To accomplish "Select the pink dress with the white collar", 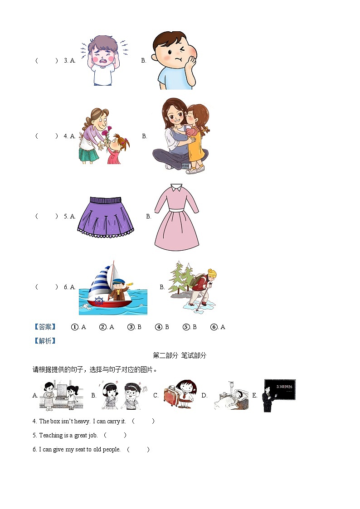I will pyautogui.click(x=176, y=218).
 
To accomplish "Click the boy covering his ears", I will pyautogui.click(x=103, y=60).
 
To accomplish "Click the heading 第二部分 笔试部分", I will pyautogui.click(x=180, y=355).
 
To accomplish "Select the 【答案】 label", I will pyautogui.click(x=44, y=327).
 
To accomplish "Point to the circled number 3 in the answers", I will pyautogui.click(x=131, y=327).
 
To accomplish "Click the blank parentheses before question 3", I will pyautogui.click(x=47, y=60).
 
